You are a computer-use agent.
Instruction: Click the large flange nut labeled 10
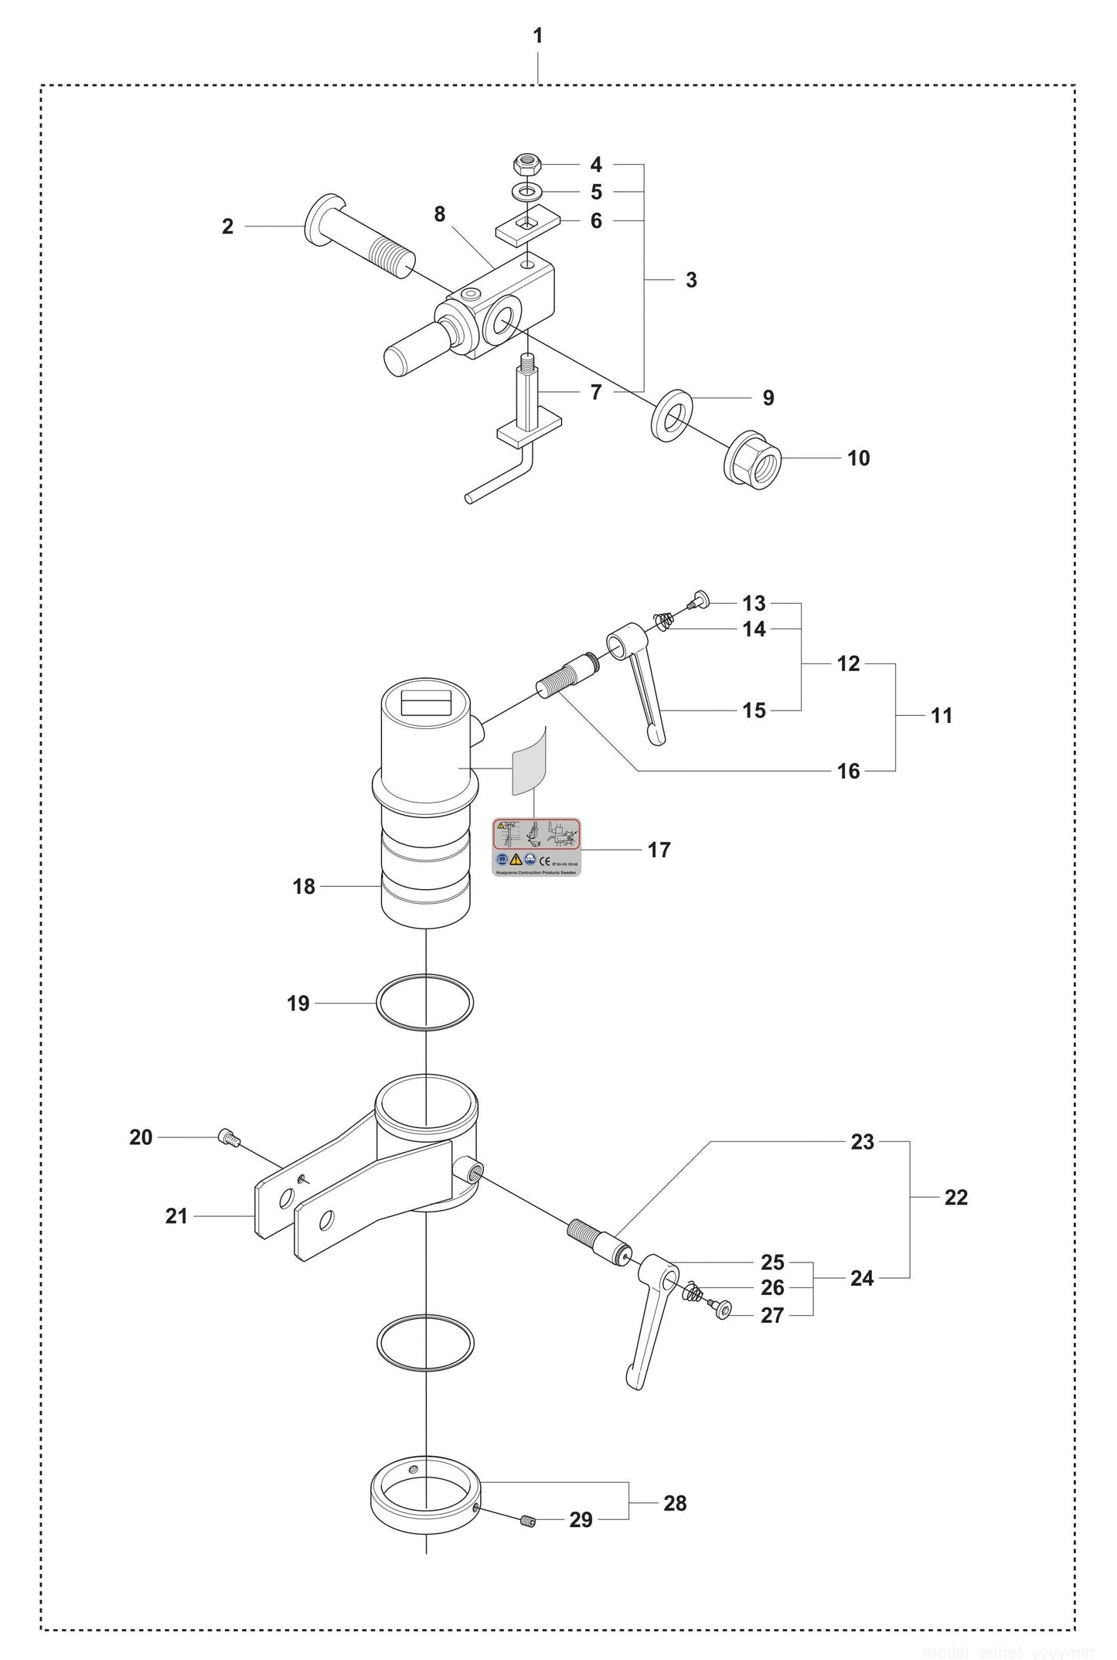pos(753,458)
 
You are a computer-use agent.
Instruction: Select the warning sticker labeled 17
pos(536,848)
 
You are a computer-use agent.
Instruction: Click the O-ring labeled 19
pos(424,1003)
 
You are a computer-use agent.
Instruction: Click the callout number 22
pos(955,1197)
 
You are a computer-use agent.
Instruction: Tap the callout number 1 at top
pos(538,36)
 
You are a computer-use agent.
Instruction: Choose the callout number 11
pos(941,716)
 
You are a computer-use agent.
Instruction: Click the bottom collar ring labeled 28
pos(425,1491)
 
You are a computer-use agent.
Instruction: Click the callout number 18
pos(304,887)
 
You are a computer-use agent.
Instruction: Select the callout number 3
pos(691,280)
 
